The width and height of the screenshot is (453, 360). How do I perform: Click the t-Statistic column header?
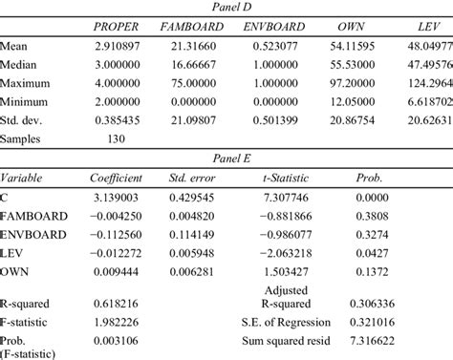(x=274, y=178)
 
